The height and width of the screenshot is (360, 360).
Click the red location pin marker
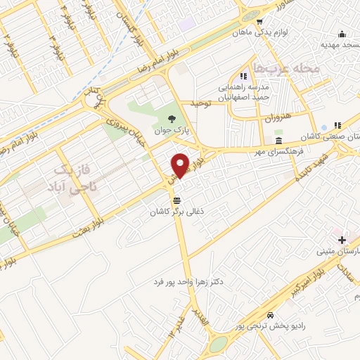(180, 165)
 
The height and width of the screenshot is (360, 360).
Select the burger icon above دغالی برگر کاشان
(175, 200)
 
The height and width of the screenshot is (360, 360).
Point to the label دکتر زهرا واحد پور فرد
(188, 281)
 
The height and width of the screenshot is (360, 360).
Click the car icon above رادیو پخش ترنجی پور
(271, 315)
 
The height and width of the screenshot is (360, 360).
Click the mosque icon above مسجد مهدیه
(342, 34)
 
